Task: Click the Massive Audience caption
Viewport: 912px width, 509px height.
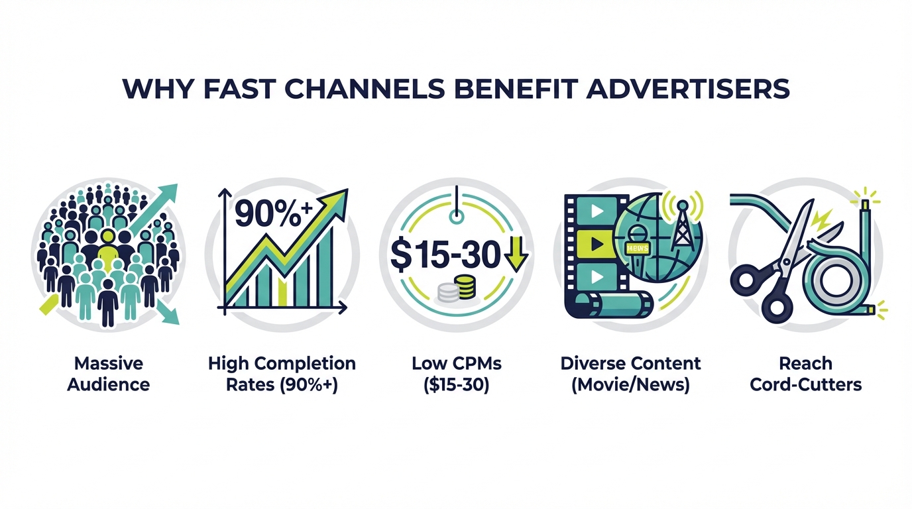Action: (x=109, y=374)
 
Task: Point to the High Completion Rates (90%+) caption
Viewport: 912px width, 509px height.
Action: (x=282, y=374)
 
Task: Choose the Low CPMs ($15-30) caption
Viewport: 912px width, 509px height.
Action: (x=456, y=374)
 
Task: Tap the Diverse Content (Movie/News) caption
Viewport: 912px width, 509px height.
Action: (x=630, y=374)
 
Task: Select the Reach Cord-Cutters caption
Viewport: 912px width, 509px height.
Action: (x=805, y=374)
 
